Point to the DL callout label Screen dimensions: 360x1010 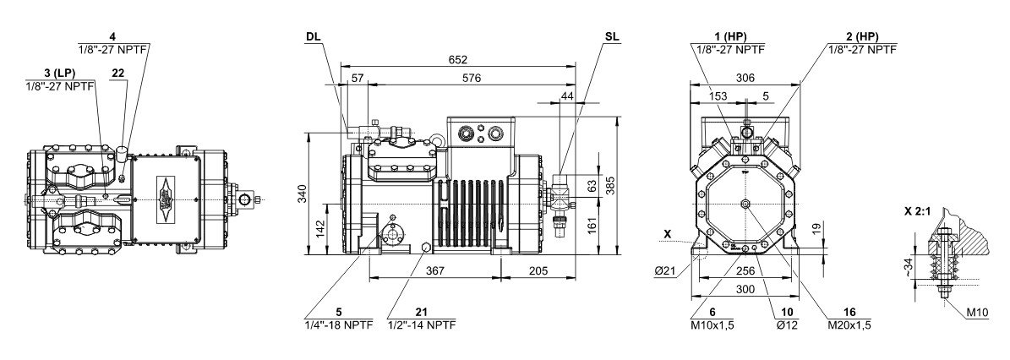tap(314, 38)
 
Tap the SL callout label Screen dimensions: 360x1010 tap(612, 38)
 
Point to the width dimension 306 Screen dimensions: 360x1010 tap(745, 77)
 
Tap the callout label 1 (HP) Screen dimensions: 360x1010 tap(729, 37)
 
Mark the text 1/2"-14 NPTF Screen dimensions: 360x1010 tap(422, 325)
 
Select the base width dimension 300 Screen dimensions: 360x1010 tap(744, 290)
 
